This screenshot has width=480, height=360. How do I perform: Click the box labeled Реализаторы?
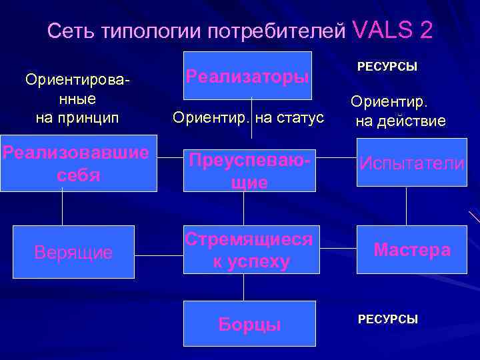pos(247,75)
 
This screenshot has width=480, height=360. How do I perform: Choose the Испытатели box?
pos(411,162)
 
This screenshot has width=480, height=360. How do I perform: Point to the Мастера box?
pos(411,250)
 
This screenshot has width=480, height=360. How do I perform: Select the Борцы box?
pos(249,324)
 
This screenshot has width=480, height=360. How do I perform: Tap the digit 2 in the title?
pos(425,29)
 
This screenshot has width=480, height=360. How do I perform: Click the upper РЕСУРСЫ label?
pos(387,67)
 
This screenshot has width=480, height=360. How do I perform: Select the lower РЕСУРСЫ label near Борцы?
pos(387,319)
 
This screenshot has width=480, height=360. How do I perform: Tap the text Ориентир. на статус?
pos(248,118)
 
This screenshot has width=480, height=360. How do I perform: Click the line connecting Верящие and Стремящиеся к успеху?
pos(159,253)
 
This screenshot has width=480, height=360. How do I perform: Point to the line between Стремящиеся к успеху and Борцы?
pos(243,287)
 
